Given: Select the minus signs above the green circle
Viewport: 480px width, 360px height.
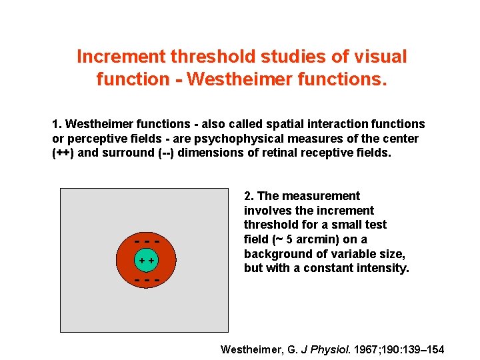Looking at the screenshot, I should point(147,241).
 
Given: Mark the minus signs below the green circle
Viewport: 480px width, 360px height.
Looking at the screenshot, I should point(147,280).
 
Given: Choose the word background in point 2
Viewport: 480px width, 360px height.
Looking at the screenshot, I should point(276,254).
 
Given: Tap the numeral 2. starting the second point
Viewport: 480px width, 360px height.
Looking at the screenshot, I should point(249,196).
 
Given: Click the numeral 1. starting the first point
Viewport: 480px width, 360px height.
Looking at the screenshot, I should point(57,124).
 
